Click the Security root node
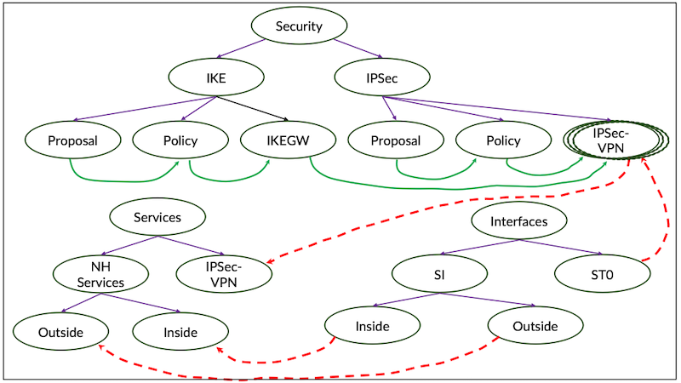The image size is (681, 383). (299, 26)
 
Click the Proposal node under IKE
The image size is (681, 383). (72, 141)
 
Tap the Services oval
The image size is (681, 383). (157, 217)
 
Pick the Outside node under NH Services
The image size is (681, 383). (60, 330)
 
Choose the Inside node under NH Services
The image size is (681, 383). (179, 332)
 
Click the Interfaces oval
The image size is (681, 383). (518, 222)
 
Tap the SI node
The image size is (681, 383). (439, 274)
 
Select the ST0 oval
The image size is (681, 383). (602, 274)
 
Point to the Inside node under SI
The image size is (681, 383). (372, 327)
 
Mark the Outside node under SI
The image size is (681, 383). (535, 327)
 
